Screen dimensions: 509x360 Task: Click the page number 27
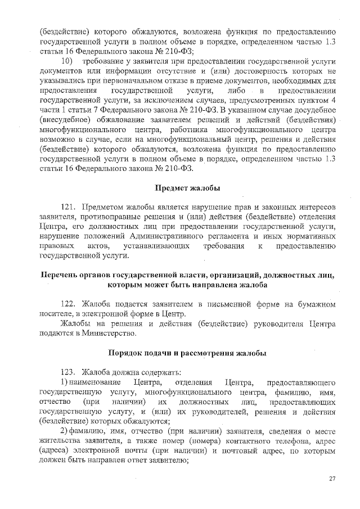tap(332, 479)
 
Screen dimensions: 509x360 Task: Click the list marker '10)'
tap(67, 60)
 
